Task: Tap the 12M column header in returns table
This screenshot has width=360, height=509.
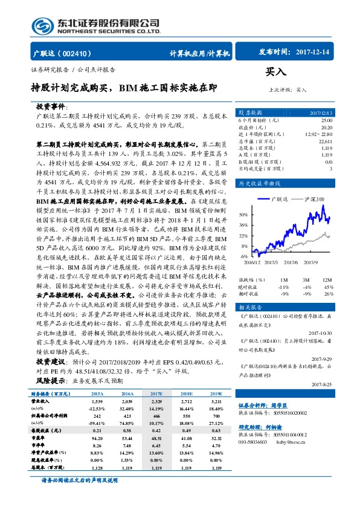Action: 327,280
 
